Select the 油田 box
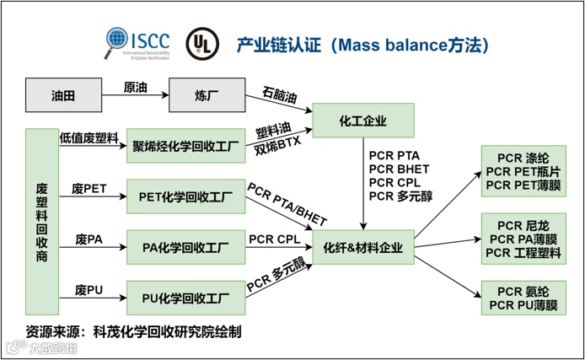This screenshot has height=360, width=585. (x=62, y=95)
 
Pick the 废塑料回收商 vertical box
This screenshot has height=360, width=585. (x=42, y=221)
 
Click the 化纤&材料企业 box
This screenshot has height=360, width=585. (x=363, y=248)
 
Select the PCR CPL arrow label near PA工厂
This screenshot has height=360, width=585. (x=275, y=239)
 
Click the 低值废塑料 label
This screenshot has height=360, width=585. (x=89, y=137)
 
